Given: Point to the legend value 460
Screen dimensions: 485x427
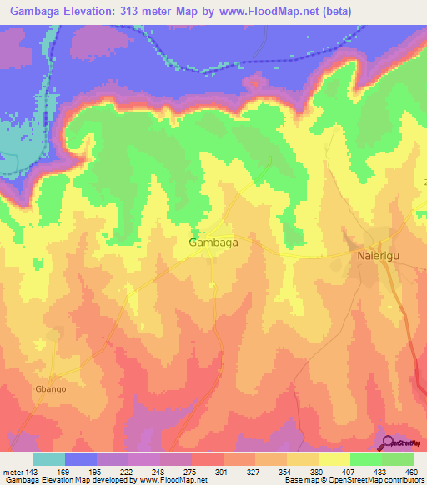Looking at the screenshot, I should (408, 471).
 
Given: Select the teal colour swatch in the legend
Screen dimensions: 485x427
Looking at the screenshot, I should (49, 459).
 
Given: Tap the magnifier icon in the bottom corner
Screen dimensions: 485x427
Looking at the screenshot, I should (389, 442).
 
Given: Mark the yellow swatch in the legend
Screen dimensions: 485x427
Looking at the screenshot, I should (334, 459).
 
